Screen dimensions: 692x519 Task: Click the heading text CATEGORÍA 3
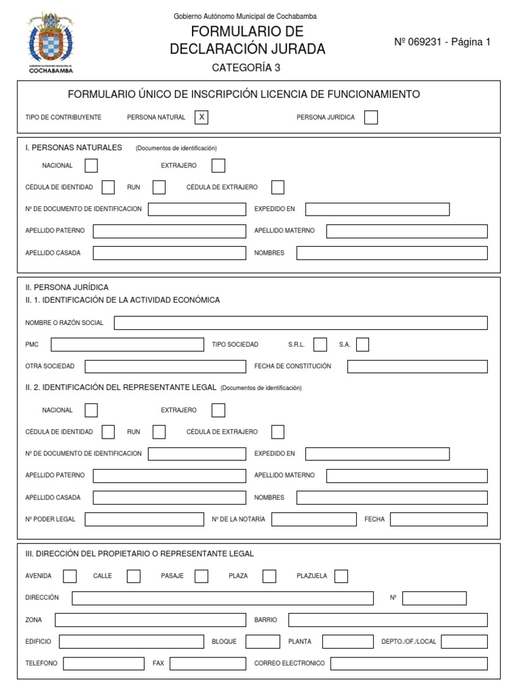[246, 68]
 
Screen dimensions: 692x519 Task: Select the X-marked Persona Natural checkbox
[201, 118]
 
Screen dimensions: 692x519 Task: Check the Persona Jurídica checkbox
[371, 118]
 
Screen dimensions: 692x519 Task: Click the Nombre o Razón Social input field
[301, 323]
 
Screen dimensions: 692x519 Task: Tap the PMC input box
[127, 345]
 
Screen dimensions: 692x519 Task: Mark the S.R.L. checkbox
[321, 345]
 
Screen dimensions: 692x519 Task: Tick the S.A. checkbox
[363, 345]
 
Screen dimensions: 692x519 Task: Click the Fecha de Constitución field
[417, 366]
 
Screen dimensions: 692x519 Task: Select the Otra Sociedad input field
[166, 366]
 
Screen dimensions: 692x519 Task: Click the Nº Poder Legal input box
[144, 519]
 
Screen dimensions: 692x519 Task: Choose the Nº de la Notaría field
[314, 519]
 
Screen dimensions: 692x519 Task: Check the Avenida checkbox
[70, 576]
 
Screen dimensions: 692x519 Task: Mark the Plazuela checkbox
[341, 576]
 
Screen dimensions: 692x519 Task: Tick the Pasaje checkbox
[201, 576]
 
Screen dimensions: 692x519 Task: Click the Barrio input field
[388, 620]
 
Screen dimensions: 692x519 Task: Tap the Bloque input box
[262, 641]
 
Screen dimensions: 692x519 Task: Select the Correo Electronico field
[409, 664]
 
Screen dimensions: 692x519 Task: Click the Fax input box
[207, 664]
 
